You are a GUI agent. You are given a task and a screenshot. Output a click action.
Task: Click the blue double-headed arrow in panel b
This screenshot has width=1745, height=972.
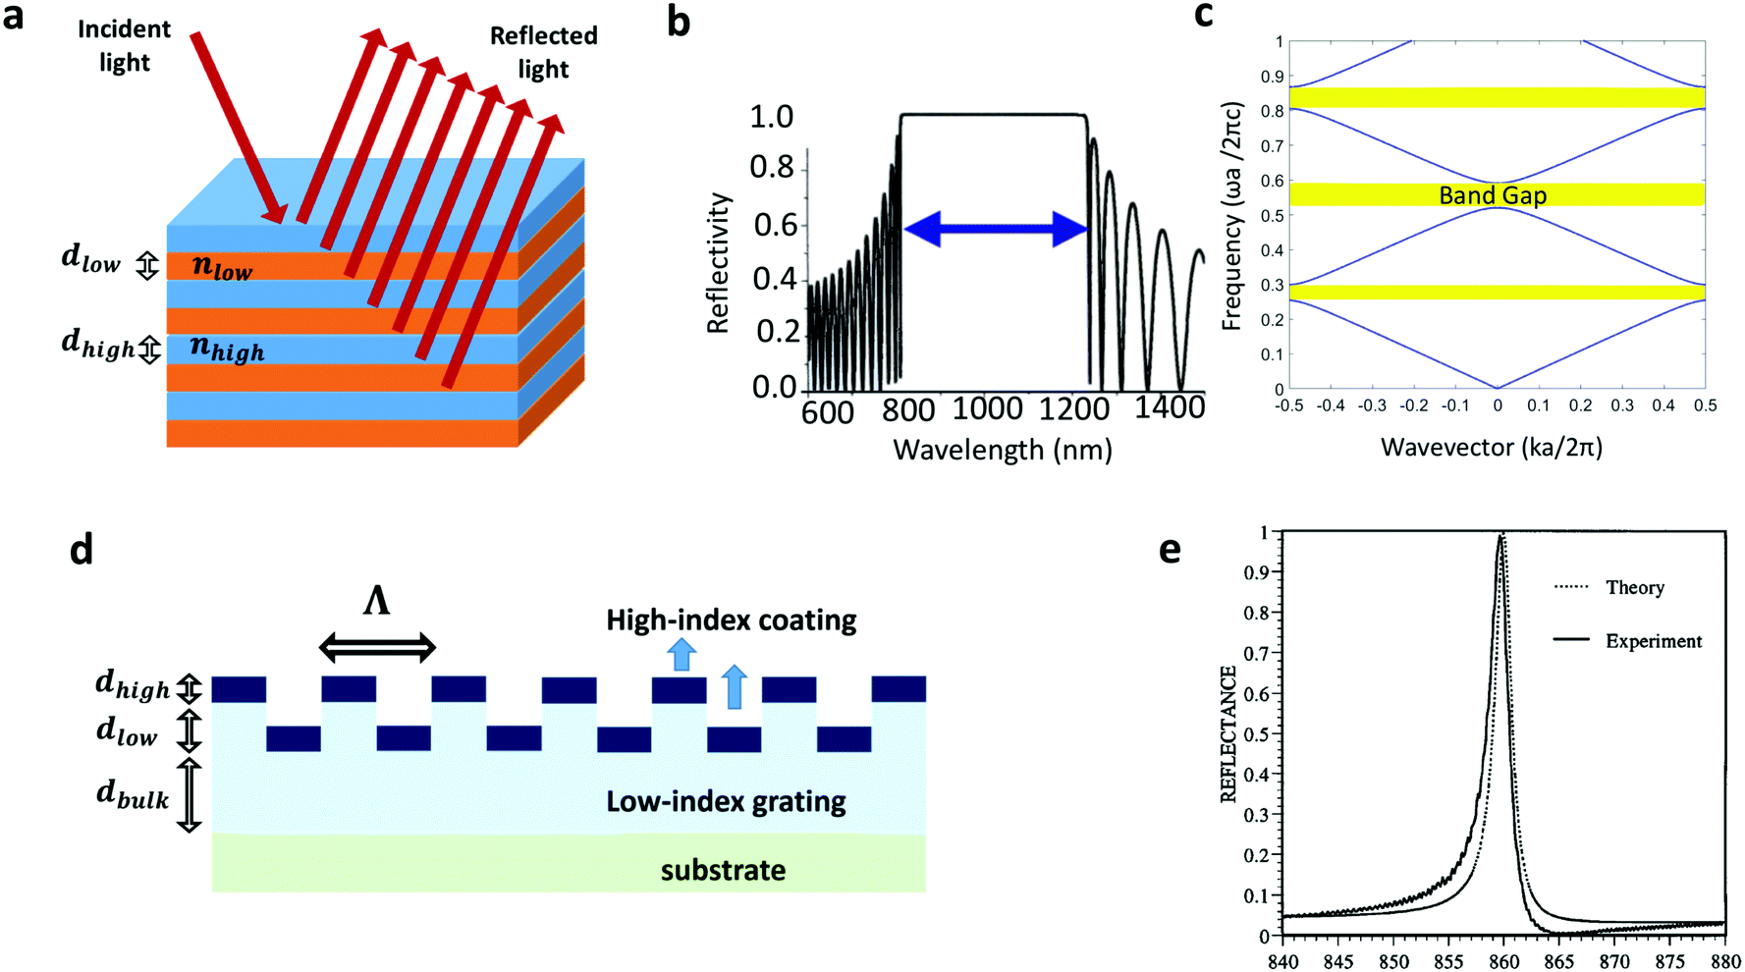click(995, 229)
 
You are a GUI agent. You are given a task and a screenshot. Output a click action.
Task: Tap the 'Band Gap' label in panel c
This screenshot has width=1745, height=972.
click(1492, 195)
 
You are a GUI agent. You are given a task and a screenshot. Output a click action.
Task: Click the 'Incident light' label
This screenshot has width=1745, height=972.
click(124, 45)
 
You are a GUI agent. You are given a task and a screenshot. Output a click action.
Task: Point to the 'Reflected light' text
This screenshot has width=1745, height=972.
click(543, 52)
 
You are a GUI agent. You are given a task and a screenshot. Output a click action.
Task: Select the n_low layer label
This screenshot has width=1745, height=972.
click(222, 266)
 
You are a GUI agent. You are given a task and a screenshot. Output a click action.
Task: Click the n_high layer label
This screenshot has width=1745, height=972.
click(227, 348)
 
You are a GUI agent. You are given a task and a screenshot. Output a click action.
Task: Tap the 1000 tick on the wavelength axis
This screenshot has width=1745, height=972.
click(988, 407)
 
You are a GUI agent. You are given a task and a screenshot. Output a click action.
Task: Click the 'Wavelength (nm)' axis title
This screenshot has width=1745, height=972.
click(1002, 450)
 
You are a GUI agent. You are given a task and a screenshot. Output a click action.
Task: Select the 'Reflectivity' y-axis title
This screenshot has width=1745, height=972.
click(719, 262)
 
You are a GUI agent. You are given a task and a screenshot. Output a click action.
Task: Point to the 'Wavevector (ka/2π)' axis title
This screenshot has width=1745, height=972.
click(1491, 448)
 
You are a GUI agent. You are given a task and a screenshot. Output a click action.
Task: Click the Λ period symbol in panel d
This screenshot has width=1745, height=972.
click(376, 600)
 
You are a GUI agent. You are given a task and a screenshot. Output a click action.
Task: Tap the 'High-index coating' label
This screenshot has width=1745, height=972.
click(731, 621)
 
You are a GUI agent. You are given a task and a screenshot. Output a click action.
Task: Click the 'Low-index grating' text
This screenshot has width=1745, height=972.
click(726, 801)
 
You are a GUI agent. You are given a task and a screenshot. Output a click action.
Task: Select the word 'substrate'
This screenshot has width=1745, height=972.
click(723, 870)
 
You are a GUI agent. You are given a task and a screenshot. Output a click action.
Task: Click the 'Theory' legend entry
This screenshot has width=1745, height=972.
click(1634, 587)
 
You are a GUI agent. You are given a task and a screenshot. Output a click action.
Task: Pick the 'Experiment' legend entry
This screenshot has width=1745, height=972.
click(1653, 641)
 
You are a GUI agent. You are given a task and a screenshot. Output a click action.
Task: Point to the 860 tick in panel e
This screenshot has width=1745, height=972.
click(1503, 961)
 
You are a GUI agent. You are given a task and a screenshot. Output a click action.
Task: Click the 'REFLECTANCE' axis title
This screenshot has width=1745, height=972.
click(1228, 733)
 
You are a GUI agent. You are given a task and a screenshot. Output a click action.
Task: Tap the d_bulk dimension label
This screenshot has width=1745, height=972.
click(133, 794)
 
